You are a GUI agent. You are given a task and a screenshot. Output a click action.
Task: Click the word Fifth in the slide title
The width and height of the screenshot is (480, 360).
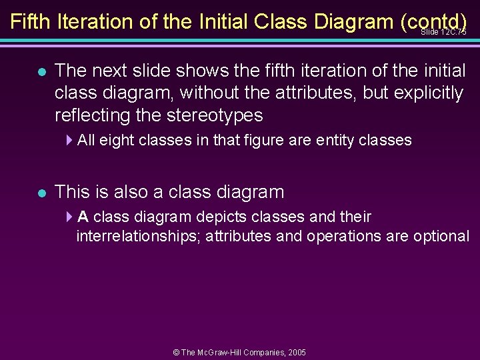31,21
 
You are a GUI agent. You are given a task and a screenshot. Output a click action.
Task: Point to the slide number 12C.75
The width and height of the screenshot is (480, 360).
444,32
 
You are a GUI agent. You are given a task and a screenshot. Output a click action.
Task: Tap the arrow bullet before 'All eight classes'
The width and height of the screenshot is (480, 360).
70,140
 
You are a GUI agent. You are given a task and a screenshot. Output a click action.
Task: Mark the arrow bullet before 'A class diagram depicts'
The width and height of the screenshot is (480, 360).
70,217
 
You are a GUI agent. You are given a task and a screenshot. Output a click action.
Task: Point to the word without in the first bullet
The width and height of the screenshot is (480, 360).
227,93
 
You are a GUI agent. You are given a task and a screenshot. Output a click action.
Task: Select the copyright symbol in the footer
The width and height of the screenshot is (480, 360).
176,351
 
